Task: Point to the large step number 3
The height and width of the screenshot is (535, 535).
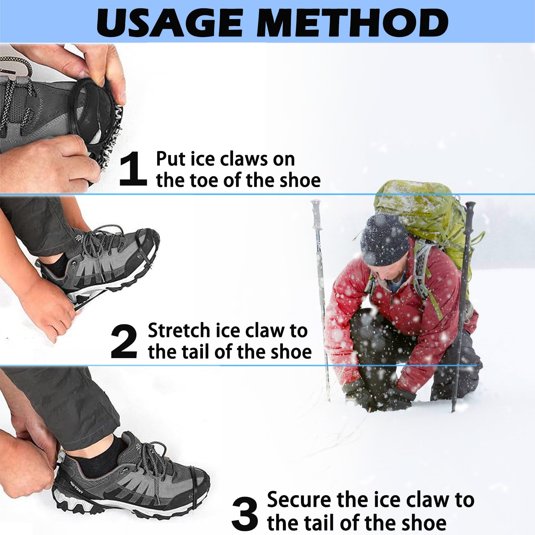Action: click(245, 514)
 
